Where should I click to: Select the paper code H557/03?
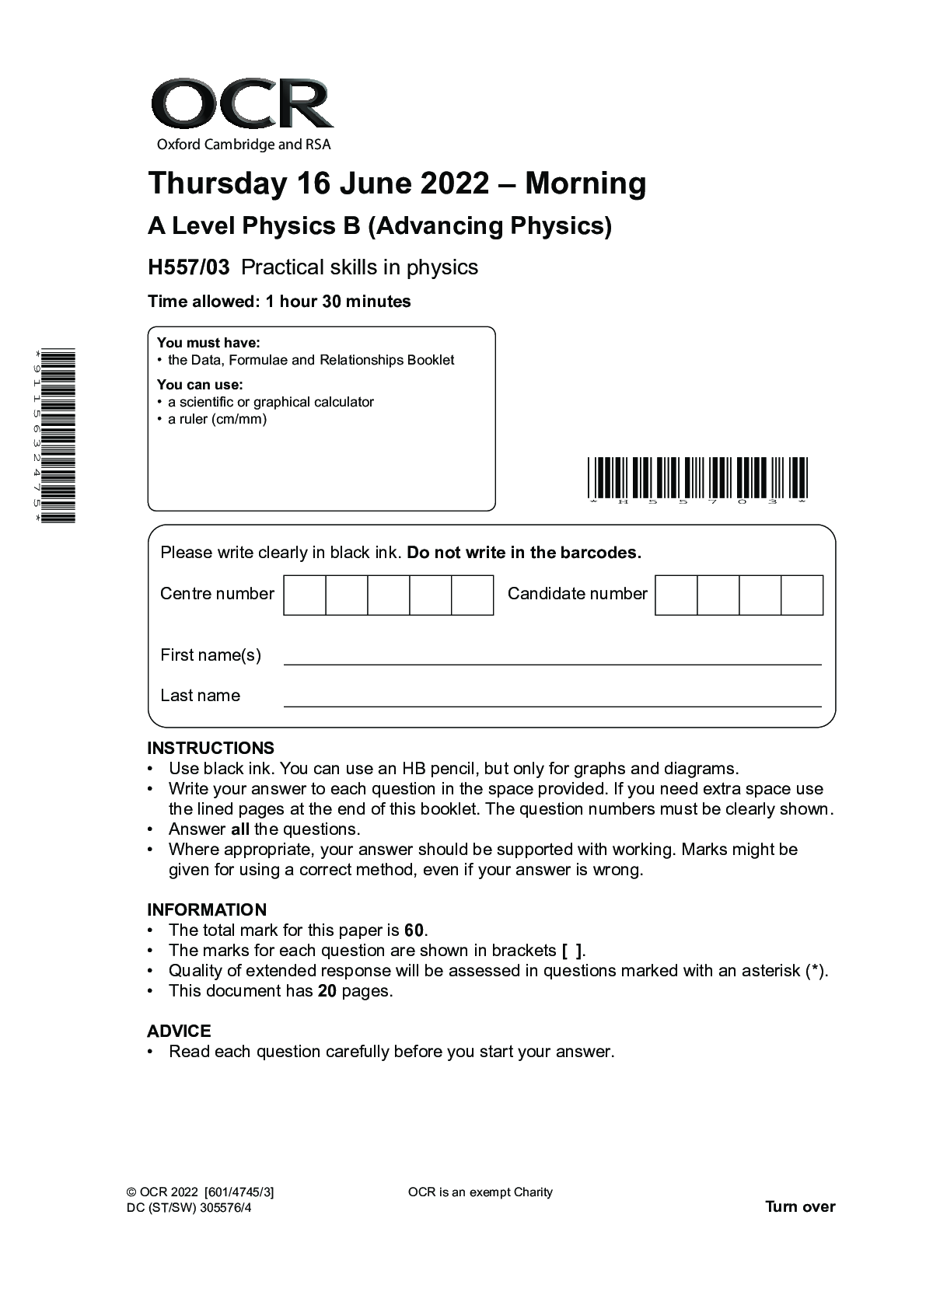[189, 267]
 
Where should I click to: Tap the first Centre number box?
[305, 595]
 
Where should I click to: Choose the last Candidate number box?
[802, 595]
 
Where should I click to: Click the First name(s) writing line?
[552, 663]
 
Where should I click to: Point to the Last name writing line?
[552, 704]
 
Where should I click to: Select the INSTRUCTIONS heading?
[211, 748]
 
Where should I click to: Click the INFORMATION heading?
[207, 909]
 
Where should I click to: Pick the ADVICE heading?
[179, 1031]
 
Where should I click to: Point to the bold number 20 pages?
[327, 991]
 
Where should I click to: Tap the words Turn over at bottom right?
[800, 1206]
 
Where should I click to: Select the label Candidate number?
[577, 594]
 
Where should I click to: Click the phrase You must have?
[208, 343]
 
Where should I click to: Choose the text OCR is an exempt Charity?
[480, 1192]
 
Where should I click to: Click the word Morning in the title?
[585, 183]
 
